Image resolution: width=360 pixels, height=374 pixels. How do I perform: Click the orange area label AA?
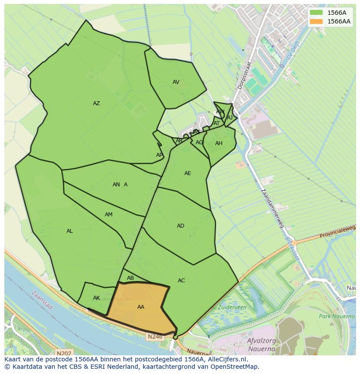click(141, 307)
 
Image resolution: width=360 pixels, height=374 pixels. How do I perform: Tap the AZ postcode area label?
click(97, 103)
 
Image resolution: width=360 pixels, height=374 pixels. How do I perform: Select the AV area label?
click(176, 82)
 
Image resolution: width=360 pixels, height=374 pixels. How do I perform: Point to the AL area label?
click(70, 231)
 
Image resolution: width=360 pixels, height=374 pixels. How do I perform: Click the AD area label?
click(180, 226)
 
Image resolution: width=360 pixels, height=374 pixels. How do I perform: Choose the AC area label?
click(181, 281)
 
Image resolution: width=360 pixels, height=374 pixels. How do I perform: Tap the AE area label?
click(187, 173)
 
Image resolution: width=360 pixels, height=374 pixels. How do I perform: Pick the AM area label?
click(109, 215)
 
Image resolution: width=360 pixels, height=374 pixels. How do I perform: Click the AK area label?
click(97, 298)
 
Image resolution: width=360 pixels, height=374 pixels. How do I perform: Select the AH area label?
click(219, 143)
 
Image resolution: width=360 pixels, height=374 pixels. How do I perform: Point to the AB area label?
click(130, 278)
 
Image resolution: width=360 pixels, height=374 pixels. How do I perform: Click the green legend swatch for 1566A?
click(316, 13)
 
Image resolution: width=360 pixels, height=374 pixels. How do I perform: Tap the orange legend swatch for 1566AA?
click(316, 21)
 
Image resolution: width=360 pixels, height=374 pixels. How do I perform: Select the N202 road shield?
click(64, 353)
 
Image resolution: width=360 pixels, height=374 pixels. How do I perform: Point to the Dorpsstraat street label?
click(245, 75)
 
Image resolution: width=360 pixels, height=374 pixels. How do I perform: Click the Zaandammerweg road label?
click(273, 209)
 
